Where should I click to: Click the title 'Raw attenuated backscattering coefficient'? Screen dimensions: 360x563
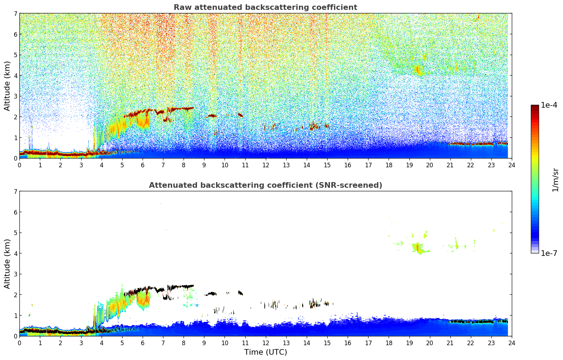[x=265, y=7]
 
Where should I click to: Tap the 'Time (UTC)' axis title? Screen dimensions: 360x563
[x=265, y=352]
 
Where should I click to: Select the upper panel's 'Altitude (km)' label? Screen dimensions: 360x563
[x=7, y=86]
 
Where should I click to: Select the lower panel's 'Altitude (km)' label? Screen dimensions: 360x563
[x=7, y=264]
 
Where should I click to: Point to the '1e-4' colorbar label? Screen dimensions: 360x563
[x=549, y=105]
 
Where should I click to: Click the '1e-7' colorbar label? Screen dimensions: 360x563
[x=549, y=253]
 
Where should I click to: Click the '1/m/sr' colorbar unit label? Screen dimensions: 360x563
[x=555, y=180]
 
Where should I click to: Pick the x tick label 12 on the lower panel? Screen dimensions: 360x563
[x=265, y=343]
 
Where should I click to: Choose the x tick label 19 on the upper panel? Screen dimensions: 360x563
[x=409, y=165]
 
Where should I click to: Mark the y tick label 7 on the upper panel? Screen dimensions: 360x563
[x=16, y=14]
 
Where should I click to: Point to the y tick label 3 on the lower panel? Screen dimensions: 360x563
[x=16, y=274]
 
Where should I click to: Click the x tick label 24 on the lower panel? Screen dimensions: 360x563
[x=511, y=343]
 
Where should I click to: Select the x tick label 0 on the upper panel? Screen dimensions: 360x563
[x=19, y=165]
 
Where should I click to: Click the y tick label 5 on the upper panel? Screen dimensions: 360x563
[x=16, y=55]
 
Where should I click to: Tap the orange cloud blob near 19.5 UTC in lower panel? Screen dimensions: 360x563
[x=418, y=247]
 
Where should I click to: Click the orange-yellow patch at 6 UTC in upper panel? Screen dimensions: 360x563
[x=143, y=121]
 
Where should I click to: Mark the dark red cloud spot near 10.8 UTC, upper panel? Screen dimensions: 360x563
[x=240, y=115]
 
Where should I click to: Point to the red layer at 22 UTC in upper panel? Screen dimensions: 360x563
[x=471, y=144]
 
